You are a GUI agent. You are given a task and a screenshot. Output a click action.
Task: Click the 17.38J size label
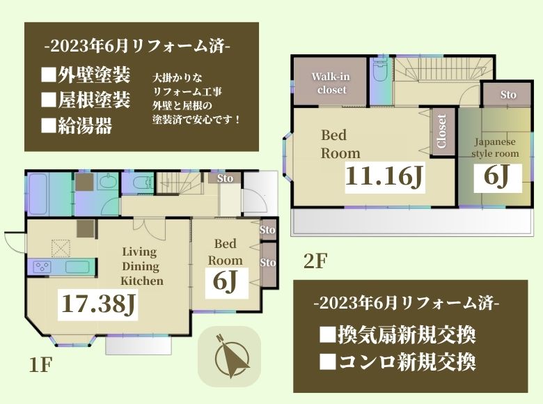[x=98, y=304]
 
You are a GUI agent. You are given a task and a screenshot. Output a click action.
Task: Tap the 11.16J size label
[x=384, y=177]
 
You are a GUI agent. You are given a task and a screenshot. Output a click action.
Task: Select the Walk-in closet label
[x=331, y=83]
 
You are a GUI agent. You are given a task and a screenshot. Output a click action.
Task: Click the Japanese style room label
[x=495, y=148]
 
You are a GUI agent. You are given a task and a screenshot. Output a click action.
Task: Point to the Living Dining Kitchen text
[x=141, y=266]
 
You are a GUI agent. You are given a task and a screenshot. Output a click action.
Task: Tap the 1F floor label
[x=40, y=365]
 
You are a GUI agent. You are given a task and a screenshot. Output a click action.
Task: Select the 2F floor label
[x=315, y=261]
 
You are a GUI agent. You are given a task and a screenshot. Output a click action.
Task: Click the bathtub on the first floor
[x=38, y=194]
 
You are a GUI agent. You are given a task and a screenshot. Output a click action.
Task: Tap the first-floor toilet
[x=142, y=182]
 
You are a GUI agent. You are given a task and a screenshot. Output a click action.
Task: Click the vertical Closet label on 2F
[x=441, y=132]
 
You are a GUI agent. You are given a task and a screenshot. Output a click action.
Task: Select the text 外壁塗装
[x=86, y=75]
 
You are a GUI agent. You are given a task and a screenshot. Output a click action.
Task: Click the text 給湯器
[x=77, y=125]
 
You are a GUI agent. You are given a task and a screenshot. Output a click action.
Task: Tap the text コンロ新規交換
[x=398, y=362]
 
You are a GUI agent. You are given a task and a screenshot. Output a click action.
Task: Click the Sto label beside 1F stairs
[x=225, y=178]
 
